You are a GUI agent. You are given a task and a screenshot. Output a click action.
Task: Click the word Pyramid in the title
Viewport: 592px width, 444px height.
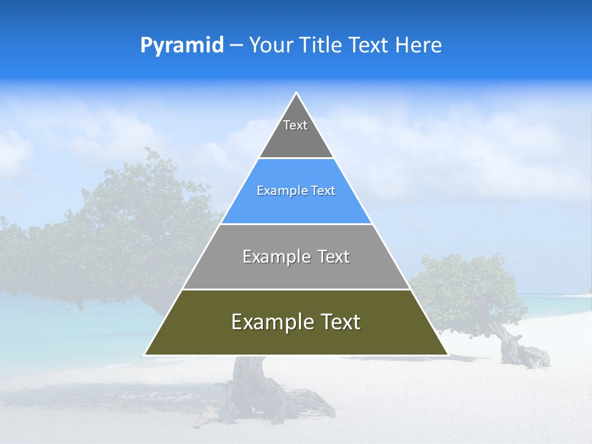[182, 46]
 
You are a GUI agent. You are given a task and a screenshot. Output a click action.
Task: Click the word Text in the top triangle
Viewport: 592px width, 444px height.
[295, 125]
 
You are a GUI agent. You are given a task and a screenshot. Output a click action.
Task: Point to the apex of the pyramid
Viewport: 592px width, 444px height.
[296, 93]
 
